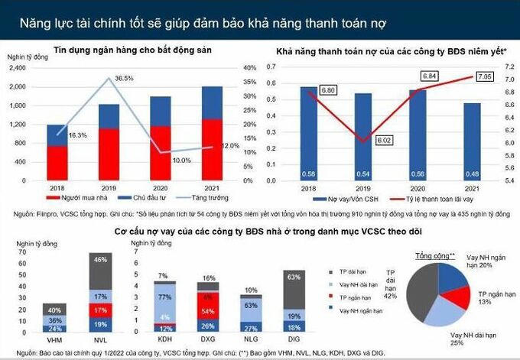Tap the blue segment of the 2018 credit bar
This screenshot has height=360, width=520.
[57, 135]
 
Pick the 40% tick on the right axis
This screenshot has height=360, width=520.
[249, 68]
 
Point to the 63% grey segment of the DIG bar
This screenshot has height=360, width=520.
[294, 287]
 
